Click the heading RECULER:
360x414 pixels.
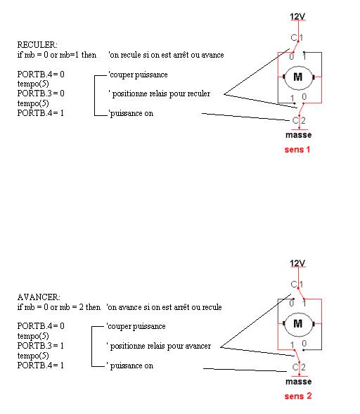[37, 44]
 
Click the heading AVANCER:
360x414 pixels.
[39, 297]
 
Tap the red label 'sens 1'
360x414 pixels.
[297, 150]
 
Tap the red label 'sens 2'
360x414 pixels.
[298, 396]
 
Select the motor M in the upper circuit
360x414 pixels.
[298, 77]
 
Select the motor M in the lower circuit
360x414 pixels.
[298, 324]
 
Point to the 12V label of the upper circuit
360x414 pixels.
[297, 17]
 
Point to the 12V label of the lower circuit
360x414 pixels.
[297, 264]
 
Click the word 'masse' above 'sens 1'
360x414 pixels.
[298, 135]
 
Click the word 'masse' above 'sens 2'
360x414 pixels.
[298, 382]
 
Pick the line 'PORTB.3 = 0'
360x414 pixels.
[41, 93]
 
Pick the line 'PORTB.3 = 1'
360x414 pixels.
[41, 346]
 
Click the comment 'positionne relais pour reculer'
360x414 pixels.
[160, 93]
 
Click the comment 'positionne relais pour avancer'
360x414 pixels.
[159, 346]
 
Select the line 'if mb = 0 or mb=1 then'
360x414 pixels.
[57, 55]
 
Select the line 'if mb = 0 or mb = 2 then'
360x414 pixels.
[59, 307]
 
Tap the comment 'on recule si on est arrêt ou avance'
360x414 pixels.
[166, 55]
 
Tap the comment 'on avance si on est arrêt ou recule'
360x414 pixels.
[164, 307]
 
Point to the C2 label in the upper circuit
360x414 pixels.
[299, 121]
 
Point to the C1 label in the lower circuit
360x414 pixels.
[297, 285]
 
